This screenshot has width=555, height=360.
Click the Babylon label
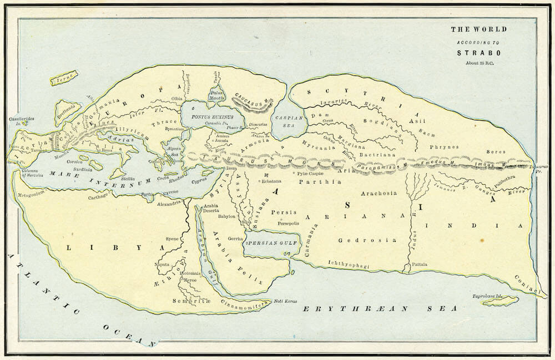click(x=228, y=216)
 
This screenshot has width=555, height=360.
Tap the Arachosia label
click(x=379, y=193)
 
